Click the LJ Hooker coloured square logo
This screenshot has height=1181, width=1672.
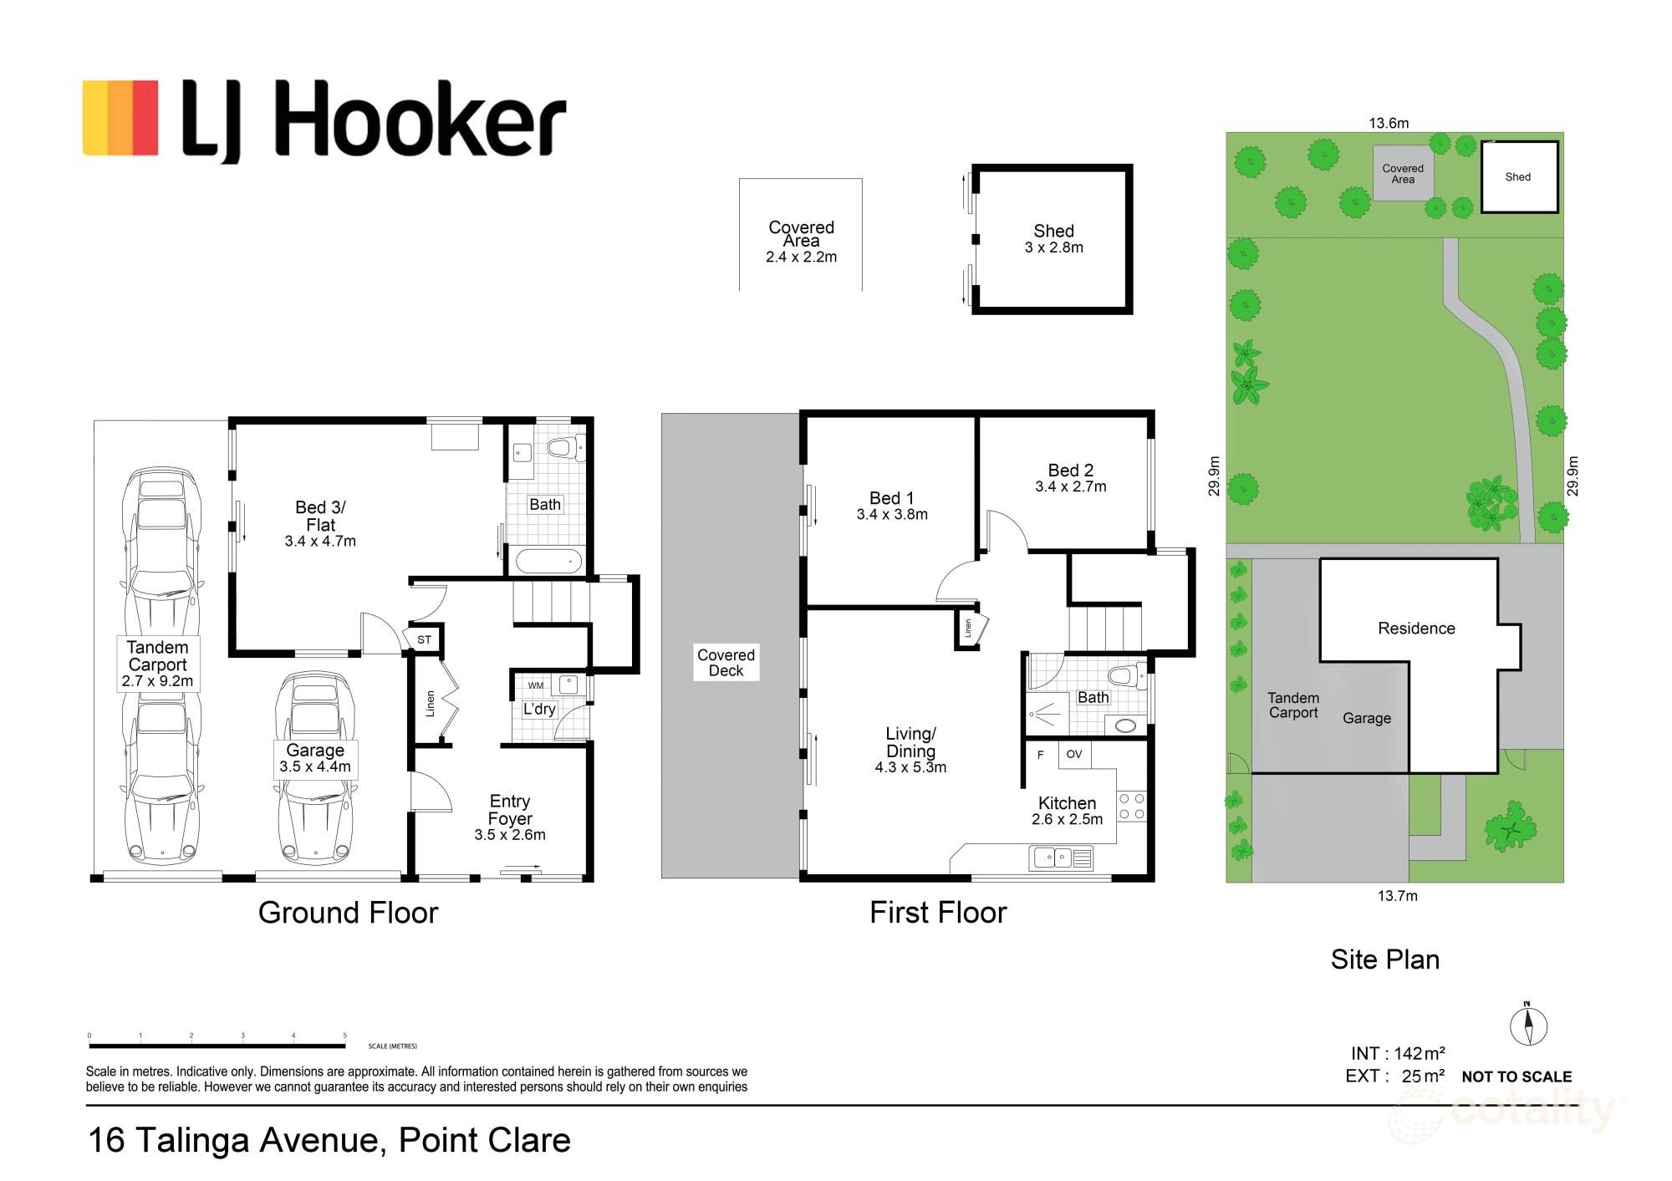pyautogui.click(x=120, y=118)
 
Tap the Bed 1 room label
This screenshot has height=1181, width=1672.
pyautogui.click(x=891, y=498)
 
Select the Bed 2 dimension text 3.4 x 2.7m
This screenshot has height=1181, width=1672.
pyautogui.click(x=1070, y=486)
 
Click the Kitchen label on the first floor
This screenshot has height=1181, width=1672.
pyautogui.click(x=1067, y=803)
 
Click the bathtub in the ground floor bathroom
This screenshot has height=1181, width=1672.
pyautogui.click(x=548, y=560)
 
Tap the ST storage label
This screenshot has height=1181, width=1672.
pyautogui.click(x=424, y=639)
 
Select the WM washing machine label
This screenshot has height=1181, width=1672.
pyautogui.click(x=536, y=685)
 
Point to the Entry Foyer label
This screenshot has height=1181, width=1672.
pyautogui.click(x=510, y=810)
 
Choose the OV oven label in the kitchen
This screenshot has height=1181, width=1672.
pyautogui.click(x=1074, y=754)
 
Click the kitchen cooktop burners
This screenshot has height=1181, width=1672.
pyautogui.click(x=1131, y=806)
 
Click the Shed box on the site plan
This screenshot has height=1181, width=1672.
pyautogui.click(x=1519, y=176)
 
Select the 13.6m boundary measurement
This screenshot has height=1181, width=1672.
pyautogui.click(x=1389, y=123)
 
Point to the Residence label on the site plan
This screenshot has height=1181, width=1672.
pyautogui.click(x=1416, y=629)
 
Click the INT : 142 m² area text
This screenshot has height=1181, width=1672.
pyautogui.click(x=1398, y=1053)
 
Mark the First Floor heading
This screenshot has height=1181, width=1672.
pyautogui.click(x=938, y=912)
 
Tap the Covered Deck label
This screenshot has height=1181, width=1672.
pyautogui.click(x=726, y=663)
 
